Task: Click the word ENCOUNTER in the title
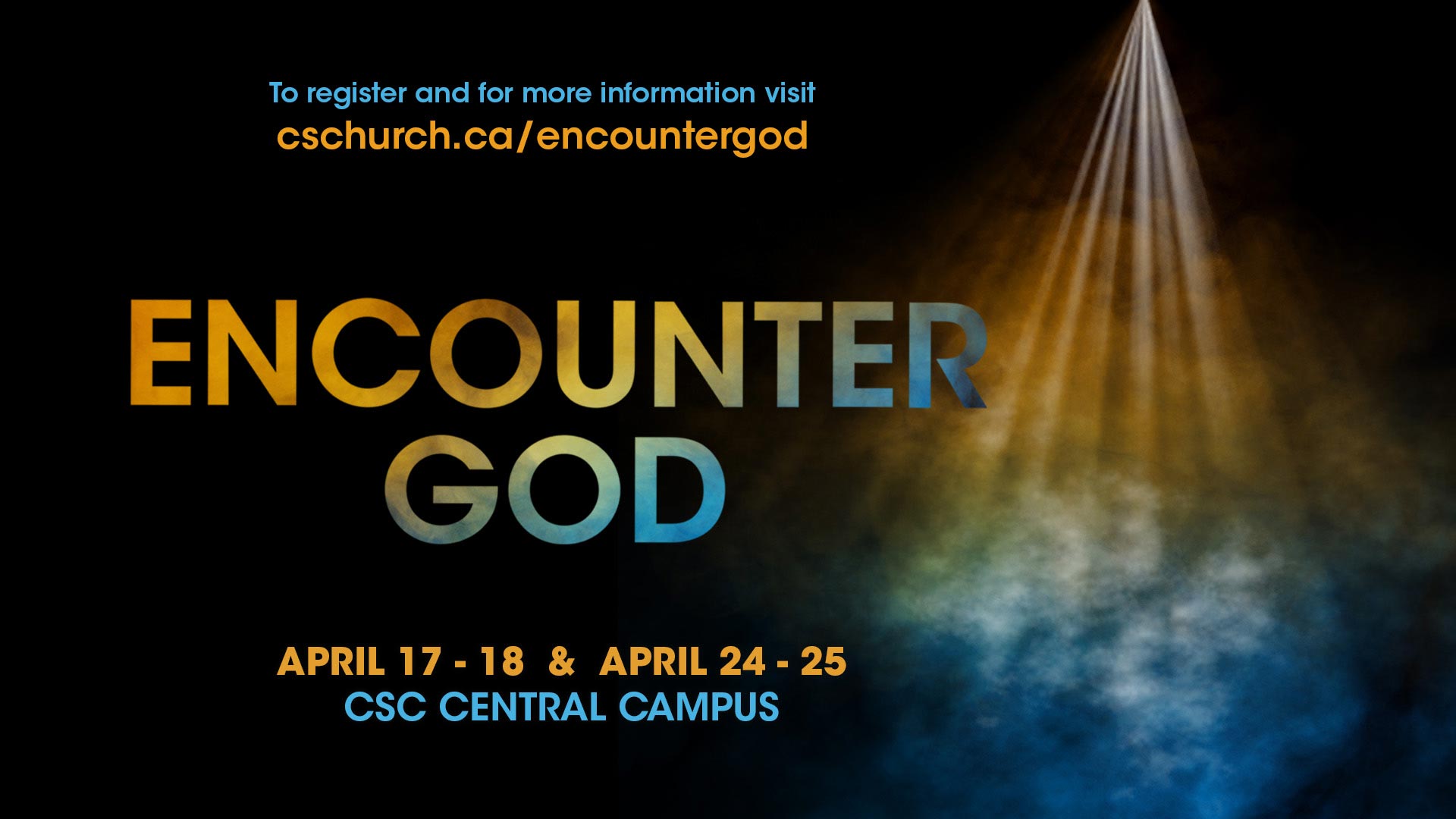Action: (557, 353)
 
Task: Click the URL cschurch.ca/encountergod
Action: (542, 136)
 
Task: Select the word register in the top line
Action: (356, 94)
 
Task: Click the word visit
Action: (789, 93)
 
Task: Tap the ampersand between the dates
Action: (561, 661)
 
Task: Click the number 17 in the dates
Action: (419, 661)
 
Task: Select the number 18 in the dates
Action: (501, 661)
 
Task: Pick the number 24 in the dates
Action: (742, 661)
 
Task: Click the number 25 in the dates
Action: (823, 661)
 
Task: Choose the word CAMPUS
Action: (698, 707)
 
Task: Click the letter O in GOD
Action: (563, 489)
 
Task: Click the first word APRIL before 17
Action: (331, 661)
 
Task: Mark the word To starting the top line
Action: (284, 93)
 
